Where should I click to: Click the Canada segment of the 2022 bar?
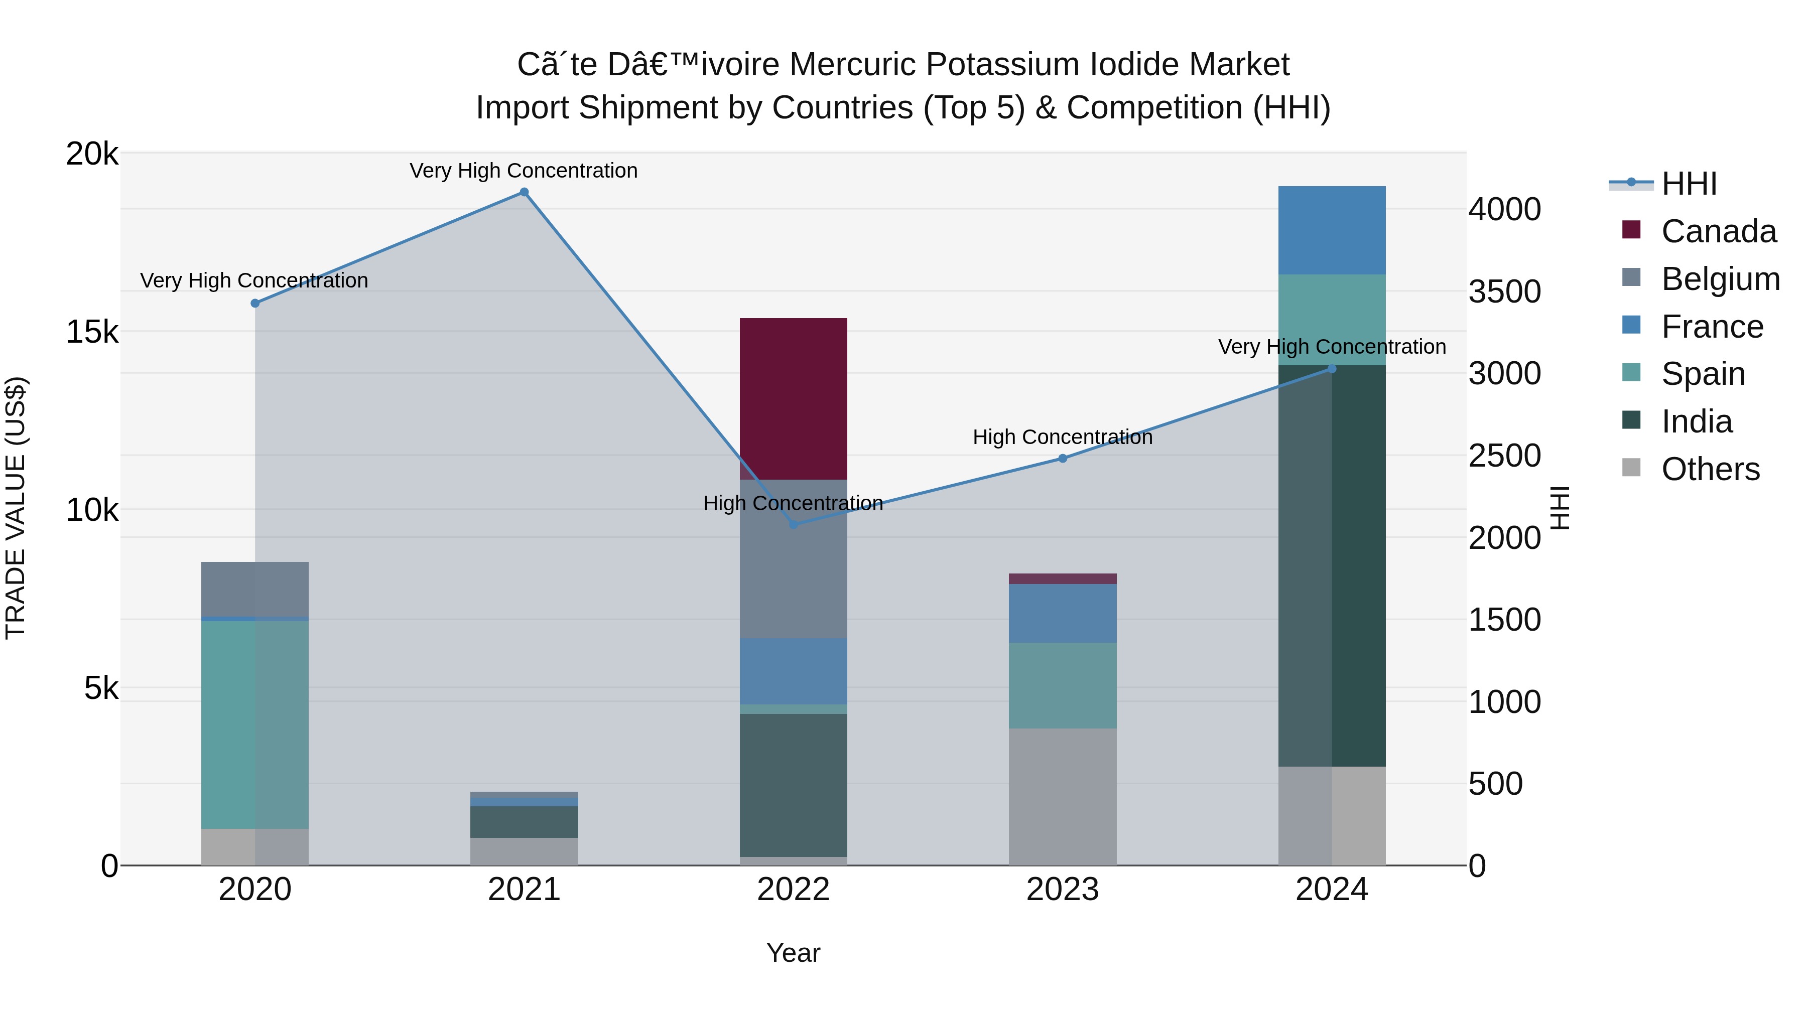click(x=794, y=398)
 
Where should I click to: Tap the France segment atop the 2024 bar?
click(x=1331, y=230)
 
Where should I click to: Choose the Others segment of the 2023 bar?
click(x=1062, y=797)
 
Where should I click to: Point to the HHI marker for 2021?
click(x=524, y=192)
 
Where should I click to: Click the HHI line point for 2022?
click(x=794, y=524)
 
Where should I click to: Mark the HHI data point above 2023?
click(x=1062, y=459)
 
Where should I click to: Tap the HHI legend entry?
click(x=1689, y=184)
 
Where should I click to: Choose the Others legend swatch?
click(x=1632, y=468)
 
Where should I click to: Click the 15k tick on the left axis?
click(x=92, y=332)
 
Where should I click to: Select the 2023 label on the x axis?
click(x=1062, y=890)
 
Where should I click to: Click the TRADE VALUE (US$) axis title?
click(x=16, y=508)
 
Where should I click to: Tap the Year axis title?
click(x=794, y=953)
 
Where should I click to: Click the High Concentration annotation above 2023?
click(x=1062, y=437)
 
